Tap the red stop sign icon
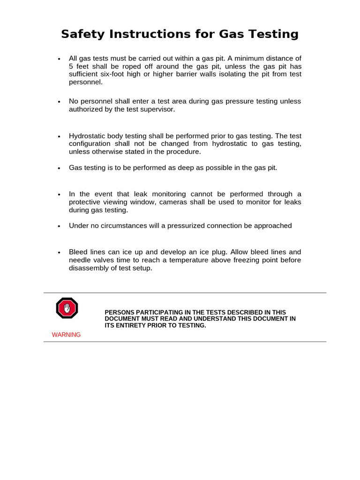pyautogui.click(x=67, y=308)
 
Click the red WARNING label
pyautogui.click(x=66, y=335)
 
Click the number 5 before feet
pyautogui.click(x=71, y=66)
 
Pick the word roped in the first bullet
pyautogui.click(x=126, y=66)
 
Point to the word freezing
pyautogui.click(x=246, y=260)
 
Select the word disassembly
pyautogui.click(x=87, y=268)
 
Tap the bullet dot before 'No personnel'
pyautogui.click(x=59, y=102)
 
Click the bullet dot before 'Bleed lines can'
pyautogui.click(x=59, y=253)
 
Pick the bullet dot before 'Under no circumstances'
pyautogui.click(x=59, y=226)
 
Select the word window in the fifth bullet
pyautogui.click(x=145, y=202)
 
